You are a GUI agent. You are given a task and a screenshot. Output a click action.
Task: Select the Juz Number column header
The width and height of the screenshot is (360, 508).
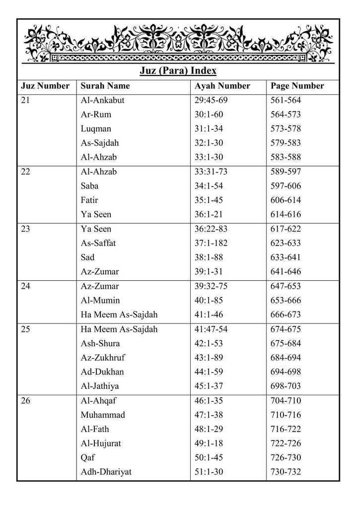point(45,86)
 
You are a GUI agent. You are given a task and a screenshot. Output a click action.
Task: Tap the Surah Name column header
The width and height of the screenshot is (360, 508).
point(105,86)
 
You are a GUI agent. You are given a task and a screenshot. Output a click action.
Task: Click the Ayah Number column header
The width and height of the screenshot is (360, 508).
point(222,86)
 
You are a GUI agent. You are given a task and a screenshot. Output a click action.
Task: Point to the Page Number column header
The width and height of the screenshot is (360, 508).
point(297,86)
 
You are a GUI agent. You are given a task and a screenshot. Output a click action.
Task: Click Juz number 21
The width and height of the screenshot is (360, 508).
point(26,100)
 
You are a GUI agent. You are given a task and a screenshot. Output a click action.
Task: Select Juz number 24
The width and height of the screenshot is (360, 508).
point(26,286)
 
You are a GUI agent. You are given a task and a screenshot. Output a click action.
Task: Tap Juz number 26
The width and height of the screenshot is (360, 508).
point(26,401)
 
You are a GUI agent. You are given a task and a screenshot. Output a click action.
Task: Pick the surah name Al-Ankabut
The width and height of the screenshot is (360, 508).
point(102,100)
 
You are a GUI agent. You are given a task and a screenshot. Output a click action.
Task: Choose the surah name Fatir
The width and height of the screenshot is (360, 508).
point(89,200)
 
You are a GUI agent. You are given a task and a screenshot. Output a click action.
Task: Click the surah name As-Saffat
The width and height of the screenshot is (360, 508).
point(99,244)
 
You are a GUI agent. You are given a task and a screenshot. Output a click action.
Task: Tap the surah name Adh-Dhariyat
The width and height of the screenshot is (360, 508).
point(106,472)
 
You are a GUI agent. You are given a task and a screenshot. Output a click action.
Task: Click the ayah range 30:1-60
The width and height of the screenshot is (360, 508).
point(209,115)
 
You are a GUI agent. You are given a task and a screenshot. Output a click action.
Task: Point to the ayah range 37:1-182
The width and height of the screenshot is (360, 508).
point(211,244)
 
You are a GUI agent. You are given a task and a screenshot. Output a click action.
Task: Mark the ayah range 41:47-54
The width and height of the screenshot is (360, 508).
point(211,329)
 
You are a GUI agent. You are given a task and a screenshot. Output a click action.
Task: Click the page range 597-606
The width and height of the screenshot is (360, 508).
point(286,186)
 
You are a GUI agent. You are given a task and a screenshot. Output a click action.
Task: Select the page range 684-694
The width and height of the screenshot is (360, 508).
point(286,358)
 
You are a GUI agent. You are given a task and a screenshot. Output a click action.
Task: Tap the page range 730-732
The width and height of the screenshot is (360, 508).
point(286,472)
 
